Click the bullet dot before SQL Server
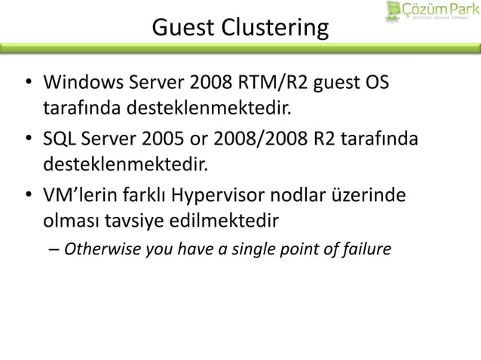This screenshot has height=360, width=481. click(28, 140)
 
